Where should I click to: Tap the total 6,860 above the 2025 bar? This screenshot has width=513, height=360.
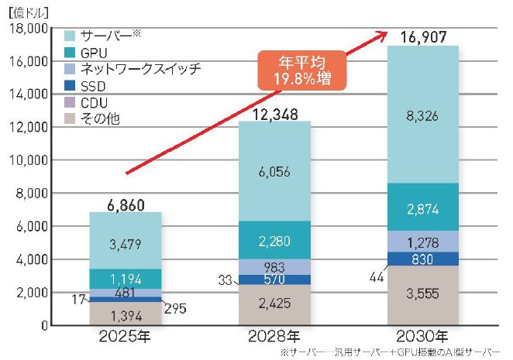126,203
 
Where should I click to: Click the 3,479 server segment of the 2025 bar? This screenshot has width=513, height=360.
126,244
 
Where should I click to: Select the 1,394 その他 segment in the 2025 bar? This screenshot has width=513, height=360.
126,314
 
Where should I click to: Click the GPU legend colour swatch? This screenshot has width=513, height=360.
70,52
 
